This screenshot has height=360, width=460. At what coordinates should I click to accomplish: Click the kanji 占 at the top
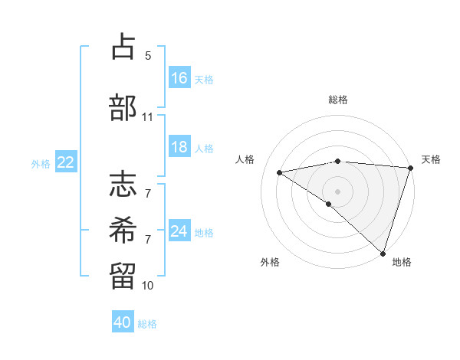pos(123,48)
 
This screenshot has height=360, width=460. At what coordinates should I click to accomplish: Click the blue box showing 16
pos(179,78)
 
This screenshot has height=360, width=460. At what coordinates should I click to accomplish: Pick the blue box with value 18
pos(179,147)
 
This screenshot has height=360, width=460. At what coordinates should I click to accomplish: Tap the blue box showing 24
pos(179,231)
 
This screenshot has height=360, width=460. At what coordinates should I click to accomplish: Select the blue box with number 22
pos(66,162)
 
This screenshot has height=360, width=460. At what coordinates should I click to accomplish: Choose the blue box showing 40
pos(123,322)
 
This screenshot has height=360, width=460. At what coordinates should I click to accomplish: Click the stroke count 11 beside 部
pos(148,117)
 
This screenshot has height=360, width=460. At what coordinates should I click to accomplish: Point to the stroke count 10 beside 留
pos(148,286)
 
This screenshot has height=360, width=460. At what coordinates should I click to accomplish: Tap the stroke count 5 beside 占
pos(148,56)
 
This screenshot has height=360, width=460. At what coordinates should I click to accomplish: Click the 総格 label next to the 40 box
pos(148,324)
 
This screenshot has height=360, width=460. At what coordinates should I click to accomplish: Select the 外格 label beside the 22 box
pos(41,163)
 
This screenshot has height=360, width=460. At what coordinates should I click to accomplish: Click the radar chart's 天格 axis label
pos(431,159)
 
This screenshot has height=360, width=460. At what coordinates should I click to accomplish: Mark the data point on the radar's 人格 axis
pos(280,172)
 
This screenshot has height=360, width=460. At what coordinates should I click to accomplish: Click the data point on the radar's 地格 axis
pos(383,253)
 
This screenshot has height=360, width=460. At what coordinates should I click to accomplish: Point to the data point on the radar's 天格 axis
pos(410,168)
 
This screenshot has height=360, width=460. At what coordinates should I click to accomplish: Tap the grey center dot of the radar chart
pos(337,191)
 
